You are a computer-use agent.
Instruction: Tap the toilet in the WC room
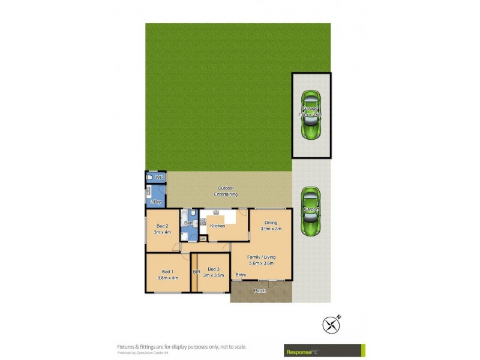click(x=149, y=178)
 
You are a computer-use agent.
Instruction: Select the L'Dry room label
click(x=155, y=202)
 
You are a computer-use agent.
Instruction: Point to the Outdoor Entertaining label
click(x=227, y=191)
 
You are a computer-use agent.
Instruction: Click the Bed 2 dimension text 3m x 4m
click(x=163, y=232)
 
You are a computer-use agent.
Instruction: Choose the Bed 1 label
click(x=167, y=271)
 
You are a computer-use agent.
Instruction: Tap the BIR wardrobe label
click(x=196, y=272)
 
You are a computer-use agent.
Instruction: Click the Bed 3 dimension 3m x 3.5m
click(x=214, y=275)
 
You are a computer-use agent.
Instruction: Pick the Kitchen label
click(x=217, y=226)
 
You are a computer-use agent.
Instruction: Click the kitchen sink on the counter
click(x=216, y=213)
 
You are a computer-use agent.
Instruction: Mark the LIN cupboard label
click(x=203, y=239)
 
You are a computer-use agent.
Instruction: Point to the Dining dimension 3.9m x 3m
click(x=271, y=229)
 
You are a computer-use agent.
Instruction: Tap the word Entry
click(x=241, y=275)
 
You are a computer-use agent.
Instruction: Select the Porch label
click(x=259, y=291)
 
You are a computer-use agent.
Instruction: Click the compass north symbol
click(x=332, y=325)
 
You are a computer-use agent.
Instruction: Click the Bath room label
click(x=188, y=223)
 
